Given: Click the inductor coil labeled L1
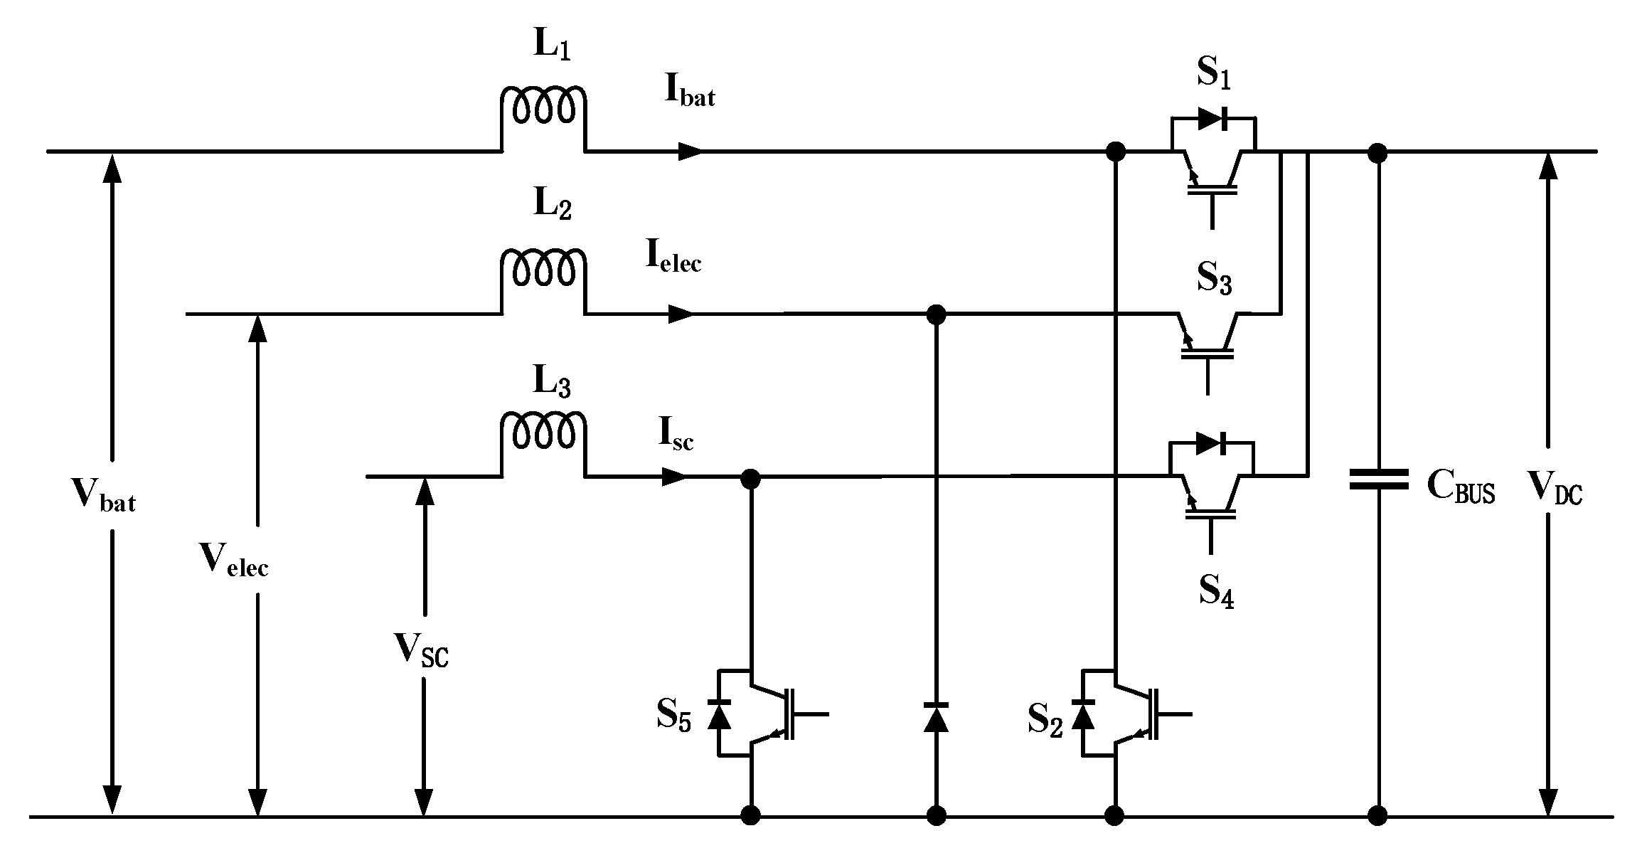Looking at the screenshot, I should coord(544,107).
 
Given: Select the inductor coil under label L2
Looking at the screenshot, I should coord(544,269).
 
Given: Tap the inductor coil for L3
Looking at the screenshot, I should coord(544,431).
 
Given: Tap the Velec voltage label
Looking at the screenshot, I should coord(234,559).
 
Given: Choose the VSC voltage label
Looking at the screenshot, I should coord(422,650).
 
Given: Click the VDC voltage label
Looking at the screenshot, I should coord(1555,489).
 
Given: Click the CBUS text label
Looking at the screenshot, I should coord(1461,489).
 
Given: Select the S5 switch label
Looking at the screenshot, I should coord(673,715).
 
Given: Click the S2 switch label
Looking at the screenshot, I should coord(1045,721).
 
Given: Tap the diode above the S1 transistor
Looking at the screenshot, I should coord(1213,120).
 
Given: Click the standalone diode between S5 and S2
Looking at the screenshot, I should coord(936,717).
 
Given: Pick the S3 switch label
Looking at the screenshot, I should coord(1214,278).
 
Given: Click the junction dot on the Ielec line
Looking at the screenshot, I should coord(937,314).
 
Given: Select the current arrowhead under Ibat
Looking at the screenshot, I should coord(690,151).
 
